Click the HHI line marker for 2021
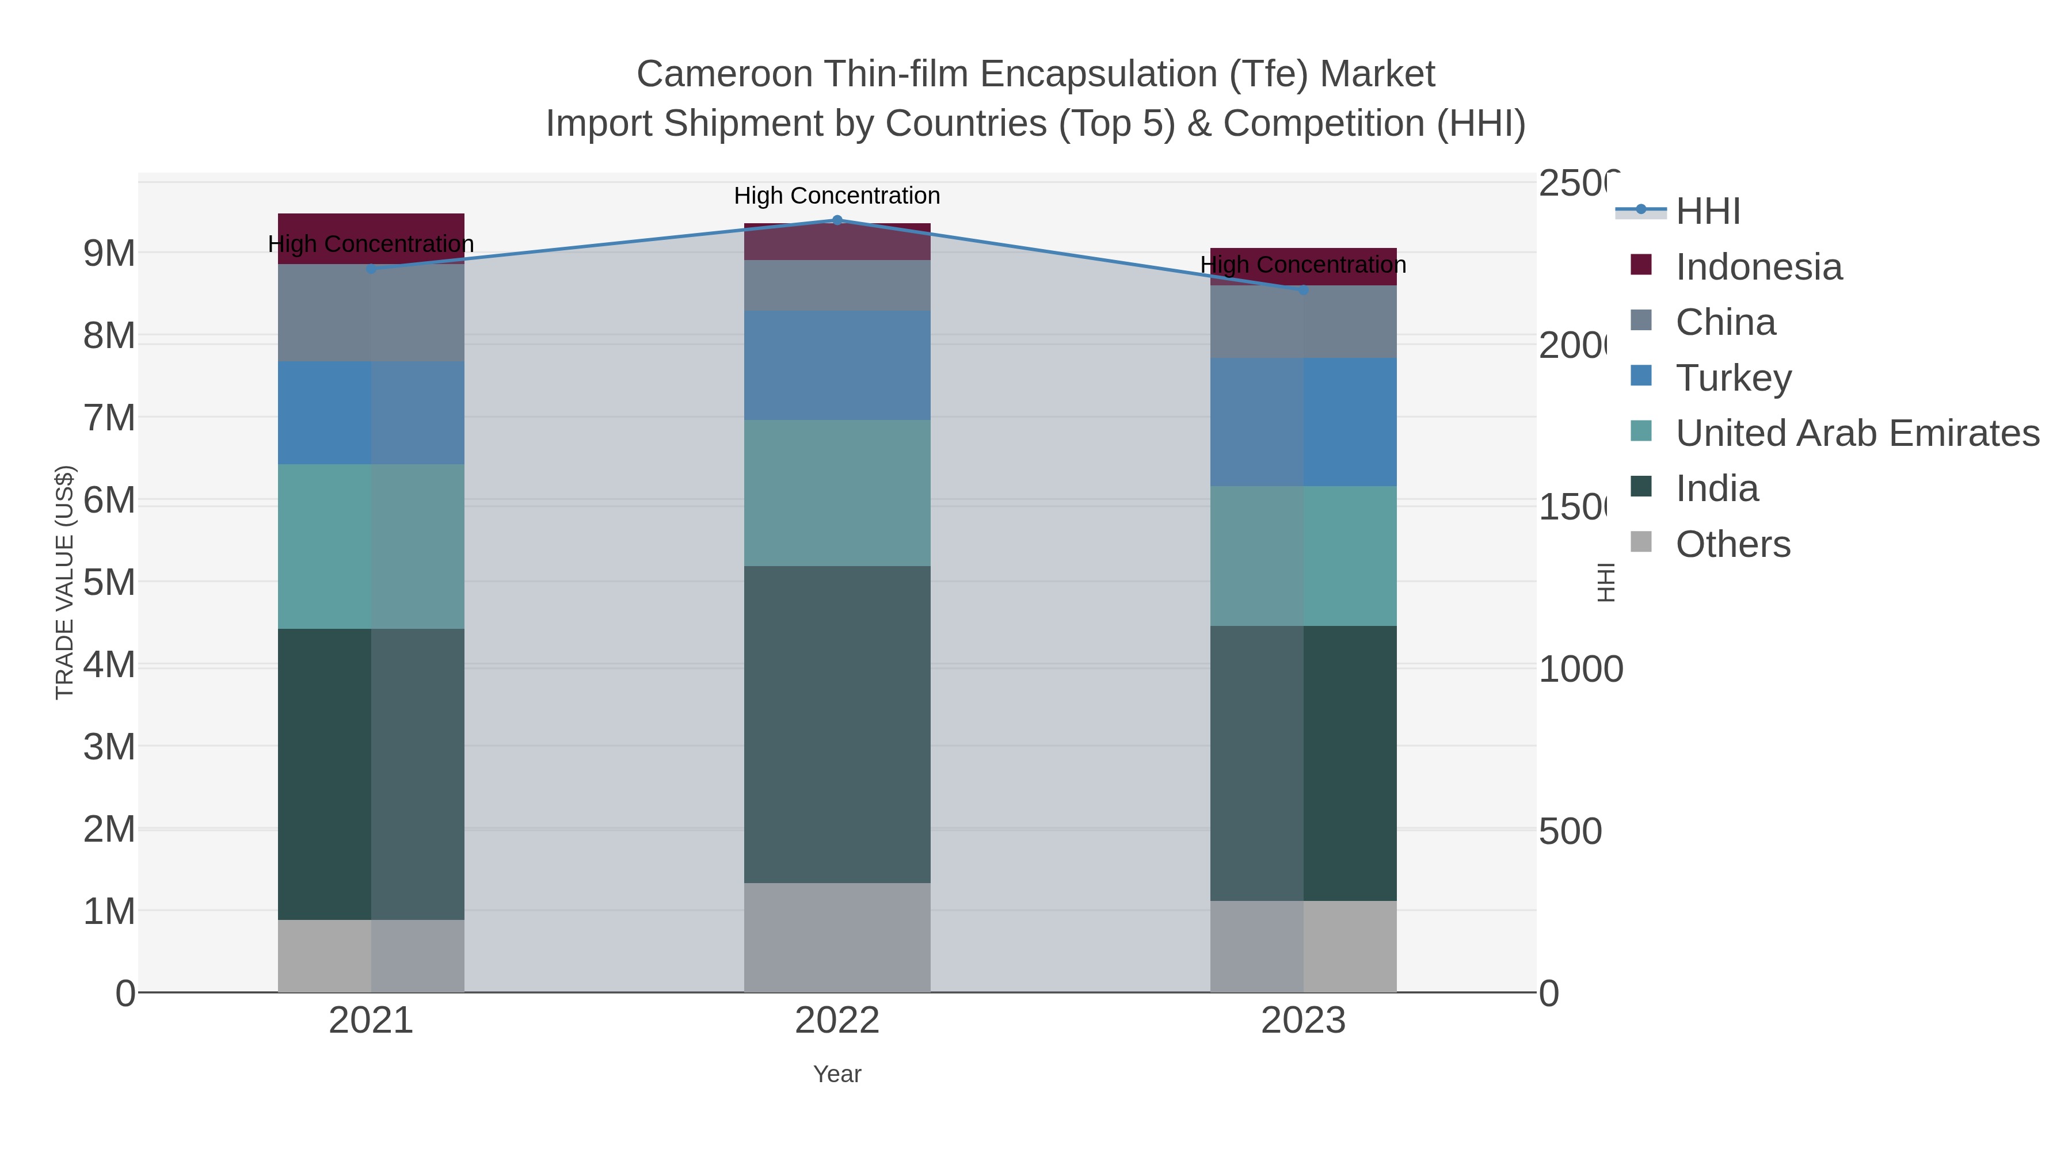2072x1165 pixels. (x=371, y=269)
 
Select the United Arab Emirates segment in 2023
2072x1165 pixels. (x=1303, y=556)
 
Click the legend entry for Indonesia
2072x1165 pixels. (x=1758, y=267)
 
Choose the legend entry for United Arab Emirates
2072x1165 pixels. (x=1856, y=433)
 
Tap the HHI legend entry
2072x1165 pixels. (x=1707, y=212)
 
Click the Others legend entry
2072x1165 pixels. (x=1732, y=544)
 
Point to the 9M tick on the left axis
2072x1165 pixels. (x=109, y=253)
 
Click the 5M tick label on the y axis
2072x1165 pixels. (x=109, y=583)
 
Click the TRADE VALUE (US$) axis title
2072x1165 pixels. (x=64, y=582)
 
